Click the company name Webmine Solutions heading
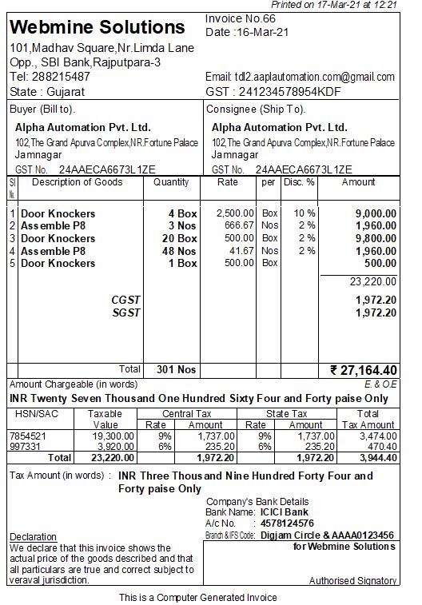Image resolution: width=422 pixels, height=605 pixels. pyautogui.click(x=98, y=27)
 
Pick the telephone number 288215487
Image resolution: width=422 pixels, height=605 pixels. pyautogui.click(x=62, y=77)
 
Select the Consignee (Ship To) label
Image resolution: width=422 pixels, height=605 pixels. pyautogui.click(x=256, y=109)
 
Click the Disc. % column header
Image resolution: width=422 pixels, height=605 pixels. pyautogui.click(x=298, y=182)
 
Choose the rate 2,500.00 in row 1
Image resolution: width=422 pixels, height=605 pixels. pyautogui.click(x=236, y=213)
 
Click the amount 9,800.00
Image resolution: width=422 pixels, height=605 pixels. pyautogui.click(x=376, y=238)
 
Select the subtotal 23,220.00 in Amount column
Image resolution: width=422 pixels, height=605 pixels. pyautogui.click(x=373, y=281)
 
